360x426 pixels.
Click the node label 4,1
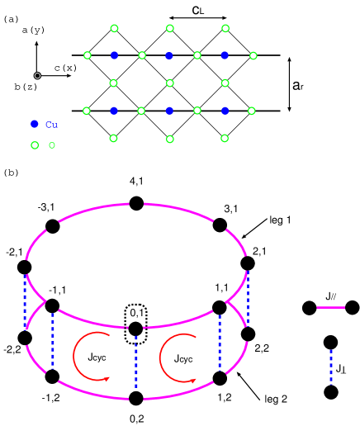[137, 182]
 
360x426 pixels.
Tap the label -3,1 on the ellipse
[46, 206]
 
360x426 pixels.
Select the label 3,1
[231, 208]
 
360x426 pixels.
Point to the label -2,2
[12, 348]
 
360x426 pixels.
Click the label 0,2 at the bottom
[137, 419]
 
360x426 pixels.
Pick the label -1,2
[51, 397]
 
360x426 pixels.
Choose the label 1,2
[225, 397]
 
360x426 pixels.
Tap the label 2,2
[261, 348]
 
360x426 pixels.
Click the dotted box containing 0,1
[136, 314]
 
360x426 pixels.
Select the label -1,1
[57, 290]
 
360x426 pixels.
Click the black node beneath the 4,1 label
[136, 204]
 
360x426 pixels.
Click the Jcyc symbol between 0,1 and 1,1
[179, 358]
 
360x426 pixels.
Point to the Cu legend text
[51, 125]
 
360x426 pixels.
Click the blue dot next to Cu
[34, 124]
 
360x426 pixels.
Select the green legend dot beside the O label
[35, 145]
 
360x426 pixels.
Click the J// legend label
[330, 296]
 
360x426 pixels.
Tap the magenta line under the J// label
[331, 307]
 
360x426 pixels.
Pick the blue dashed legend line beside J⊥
[331, 367]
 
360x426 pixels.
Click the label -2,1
[15, 251]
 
